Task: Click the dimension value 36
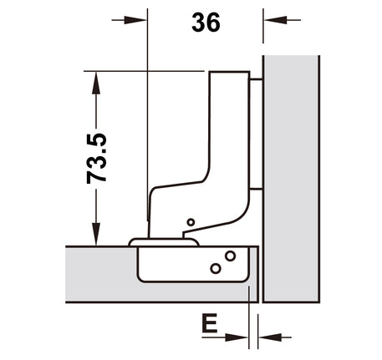click(206, 23)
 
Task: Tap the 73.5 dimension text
click(97, 159)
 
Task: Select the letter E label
click(210, 323)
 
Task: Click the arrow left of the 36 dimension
click(129, 20)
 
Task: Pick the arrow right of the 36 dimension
click(283, 20)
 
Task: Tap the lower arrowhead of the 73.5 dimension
click(96, 234)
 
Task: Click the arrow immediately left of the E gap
click(225, 337)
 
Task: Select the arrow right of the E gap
click(275, 337)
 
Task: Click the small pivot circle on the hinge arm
click(191, 222)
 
